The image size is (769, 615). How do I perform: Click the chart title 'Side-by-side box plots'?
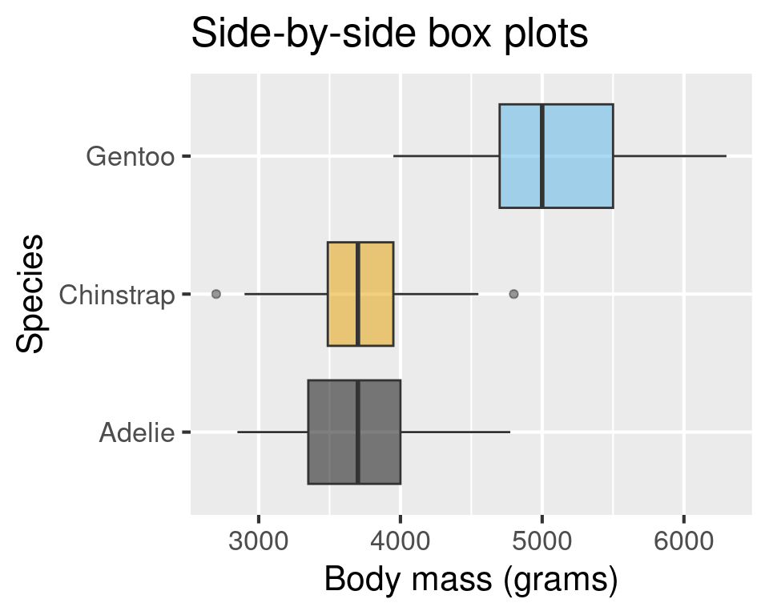(390, 35)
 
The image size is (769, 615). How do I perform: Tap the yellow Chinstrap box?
(376, 294)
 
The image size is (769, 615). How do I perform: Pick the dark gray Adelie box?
(332, 432)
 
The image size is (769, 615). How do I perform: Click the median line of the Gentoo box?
(542, 156)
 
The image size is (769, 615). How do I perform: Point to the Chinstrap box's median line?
(358, 294)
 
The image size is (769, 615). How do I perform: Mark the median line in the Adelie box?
(358, 432)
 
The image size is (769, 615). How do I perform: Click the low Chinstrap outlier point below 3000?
(215, 294)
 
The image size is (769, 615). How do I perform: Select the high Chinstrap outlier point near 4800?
(513, 294)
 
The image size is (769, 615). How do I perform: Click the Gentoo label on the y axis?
(130, 156)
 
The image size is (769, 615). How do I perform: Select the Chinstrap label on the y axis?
(117, 295)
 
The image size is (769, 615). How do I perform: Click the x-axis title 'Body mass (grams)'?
(471, 580)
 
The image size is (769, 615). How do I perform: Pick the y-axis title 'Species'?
(30, 294)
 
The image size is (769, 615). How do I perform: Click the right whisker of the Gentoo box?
(670, 156)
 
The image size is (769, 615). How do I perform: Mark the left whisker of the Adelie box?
(272, 432)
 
